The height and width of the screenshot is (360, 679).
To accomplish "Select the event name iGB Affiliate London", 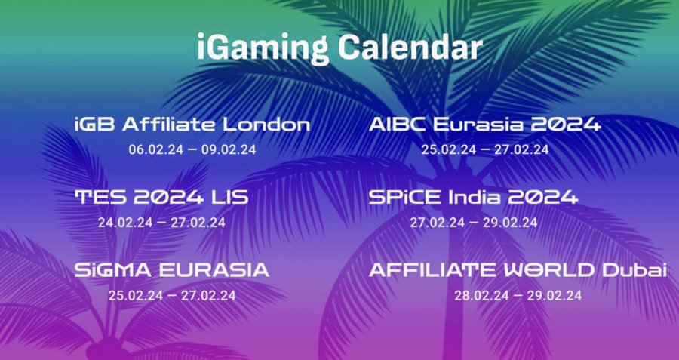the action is pos(192,125).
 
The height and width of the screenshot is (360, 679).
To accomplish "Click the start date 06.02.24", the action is pos(155,150).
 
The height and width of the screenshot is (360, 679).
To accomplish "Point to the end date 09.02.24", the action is pos(229,150).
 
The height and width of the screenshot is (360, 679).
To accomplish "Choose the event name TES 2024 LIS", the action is pos(161,198).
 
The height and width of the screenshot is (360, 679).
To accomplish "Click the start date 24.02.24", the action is pos(125,223).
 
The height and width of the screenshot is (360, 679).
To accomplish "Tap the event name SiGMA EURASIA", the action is pos(172,270).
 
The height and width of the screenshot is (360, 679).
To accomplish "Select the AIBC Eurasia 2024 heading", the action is pos(485,125).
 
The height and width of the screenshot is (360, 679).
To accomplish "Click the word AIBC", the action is pos(398,125).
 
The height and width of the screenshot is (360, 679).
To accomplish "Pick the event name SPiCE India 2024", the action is pos(473,198).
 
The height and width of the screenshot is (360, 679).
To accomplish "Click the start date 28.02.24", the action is pos(481,295).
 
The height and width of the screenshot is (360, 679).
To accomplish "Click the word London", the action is pos(267,125).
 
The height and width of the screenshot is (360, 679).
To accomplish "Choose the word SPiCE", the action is pos(406,198).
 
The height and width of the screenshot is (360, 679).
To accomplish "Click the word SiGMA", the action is pos(114,270).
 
